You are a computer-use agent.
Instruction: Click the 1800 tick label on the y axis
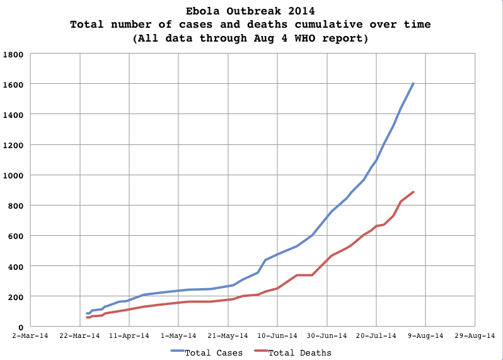point(13,54)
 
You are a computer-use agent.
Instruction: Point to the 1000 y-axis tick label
point(13,175)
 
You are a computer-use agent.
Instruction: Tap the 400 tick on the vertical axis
point(16,266)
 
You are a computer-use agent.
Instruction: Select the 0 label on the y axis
point(21,327)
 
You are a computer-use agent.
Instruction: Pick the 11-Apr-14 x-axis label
point(129,336)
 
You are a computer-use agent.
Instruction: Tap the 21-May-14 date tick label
point(228,336)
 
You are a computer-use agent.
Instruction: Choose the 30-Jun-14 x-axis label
point(327,336)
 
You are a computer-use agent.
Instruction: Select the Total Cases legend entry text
point(214,352)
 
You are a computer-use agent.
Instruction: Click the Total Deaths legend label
point(300,352)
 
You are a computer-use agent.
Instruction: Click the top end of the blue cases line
point(413,83)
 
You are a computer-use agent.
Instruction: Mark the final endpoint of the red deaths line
point(413,192)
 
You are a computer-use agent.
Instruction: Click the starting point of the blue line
point(87,313)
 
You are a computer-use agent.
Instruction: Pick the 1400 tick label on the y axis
point(13,115)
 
